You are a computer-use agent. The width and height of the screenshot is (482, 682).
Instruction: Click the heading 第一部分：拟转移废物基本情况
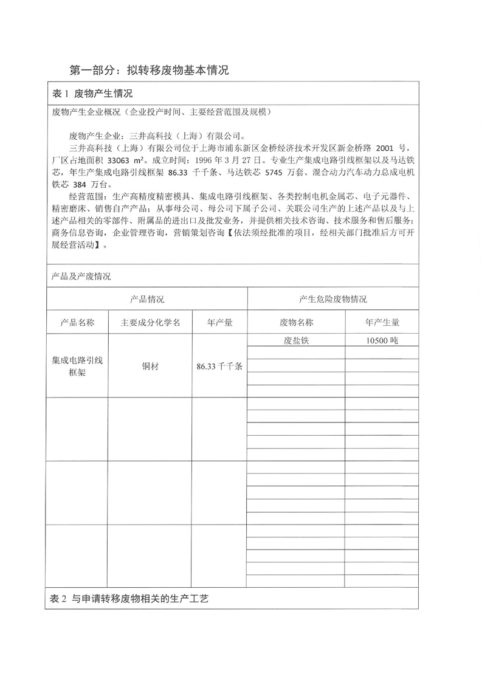149,70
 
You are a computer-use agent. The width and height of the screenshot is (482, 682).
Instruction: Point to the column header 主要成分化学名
150,323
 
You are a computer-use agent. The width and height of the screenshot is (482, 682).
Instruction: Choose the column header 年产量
219,323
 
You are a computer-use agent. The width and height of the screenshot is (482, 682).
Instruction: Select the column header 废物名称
296,323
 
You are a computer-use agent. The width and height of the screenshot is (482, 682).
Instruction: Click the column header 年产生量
382,323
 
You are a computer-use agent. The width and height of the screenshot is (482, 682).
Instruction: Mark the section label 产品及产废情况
81,276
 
